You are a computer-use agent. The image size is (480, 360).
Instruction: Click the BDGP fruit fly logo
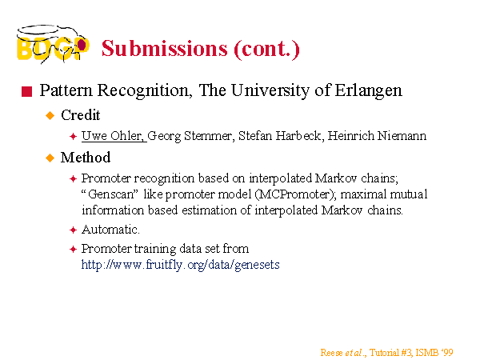coord(53,44)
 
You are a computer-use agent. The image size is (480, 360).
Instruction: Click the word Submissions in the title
coord(165,48)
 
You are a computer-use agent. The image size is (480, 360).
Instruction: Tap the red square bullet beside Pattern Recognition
coord(27,91)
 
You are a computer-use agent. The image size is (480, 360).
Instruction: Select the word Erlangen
coord(368,91)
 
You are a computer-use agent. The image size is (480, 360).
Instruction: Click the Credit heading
coord(81,115)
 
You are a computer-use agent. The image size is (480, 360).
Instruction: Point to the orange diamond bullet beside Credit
coord(50,116)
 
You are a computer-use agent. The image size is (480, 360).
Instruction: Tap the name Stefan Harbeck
coord(280,136)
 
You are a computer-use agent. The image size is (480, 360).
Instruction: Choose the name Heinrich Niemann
coord(377,136)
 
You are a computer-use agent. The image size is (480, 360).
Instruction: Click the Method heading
coord(86,158)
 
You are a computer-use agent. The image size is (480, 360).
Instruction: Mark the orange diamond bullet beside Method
coord(50,158)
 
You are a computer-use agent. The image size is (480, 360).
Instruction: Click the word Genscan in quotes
coord(111,194)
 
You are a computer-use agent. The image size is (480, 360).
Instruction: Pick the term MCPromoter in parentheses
coord(294,194)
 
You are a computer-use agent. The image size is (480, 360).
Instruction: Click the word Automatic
coord(110,230)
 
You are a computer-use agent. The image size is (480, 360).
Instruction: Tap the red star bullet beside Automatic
coord(73,230)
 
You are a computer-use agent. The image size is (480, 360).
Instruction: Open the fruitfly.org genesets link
coord(180,265)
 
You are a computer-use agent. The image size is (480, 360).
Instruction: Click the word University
coord(270,91)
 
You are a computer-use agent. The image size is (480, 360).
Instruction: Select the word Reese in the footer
coord(331,353)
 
